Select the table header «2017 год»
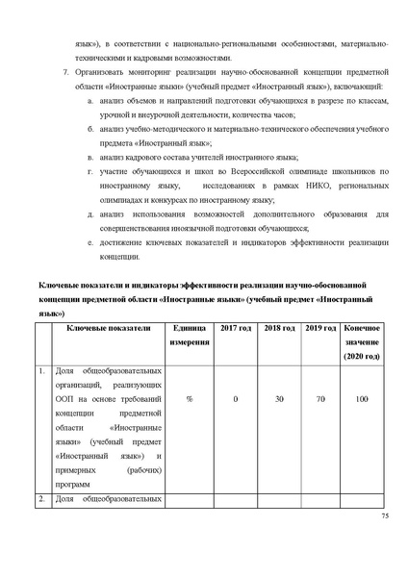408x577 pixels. click(236, 329)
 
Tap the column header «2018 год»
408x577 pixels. click(279, 329)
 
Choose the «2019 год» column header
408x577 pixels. click(319, 329)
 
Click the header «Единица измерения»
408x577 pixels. click(190, 336)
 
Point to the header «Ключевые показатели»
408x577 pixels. click(109, 329)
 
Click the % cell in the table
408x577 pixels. click(190, 397)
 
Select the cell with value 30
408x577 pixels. click(279, 397)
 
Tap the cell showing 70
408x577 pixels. click(319, 397)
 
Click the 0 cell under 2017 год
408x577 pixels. click(236, 397)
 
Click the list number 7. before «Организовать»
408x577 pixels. click(64, 72)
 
